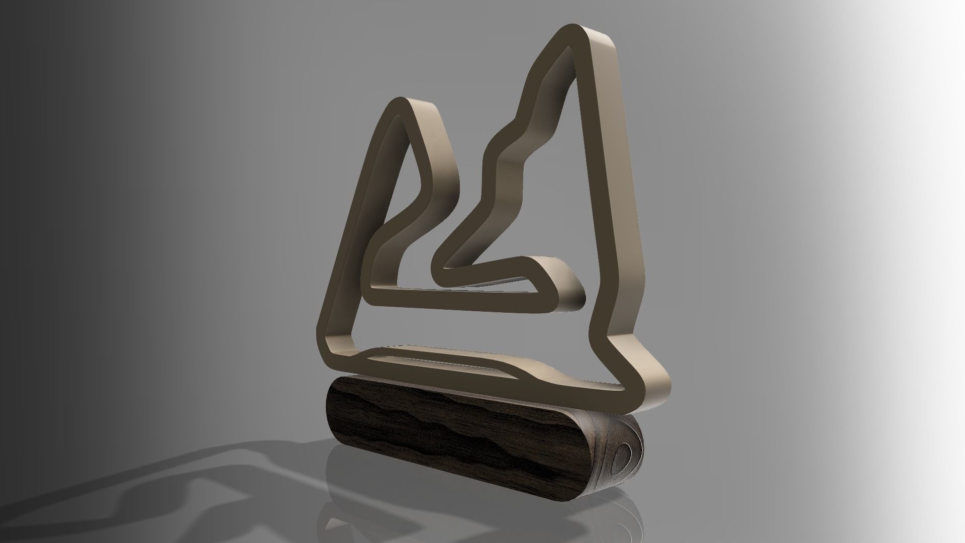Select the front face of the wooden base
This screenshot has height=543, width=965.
click(452, 427)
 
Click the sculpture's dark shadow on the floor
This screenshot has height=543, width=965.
click(176, 478)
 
